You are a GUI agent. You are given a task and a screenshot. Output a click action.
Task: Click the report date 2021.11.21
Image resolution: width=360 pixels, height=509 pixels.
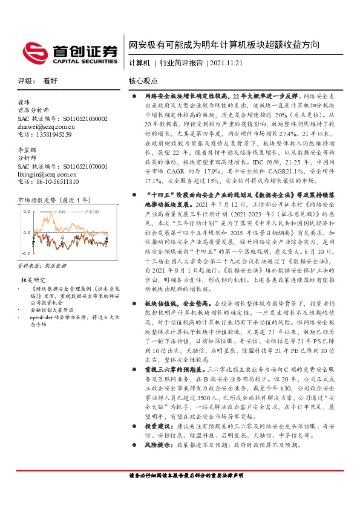(226, 62)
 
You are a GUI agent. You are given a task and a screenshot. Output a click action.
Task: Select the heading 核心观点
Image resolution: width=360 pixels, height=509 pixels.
(143, 80)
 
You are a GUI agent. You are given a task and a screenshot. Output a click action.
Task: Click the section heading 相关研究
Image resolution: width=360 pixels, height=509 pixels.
(33, 280)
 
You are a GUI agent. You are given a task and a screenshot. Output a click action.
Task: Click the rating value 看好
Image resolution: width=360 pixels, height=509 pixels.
(50, 80)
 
